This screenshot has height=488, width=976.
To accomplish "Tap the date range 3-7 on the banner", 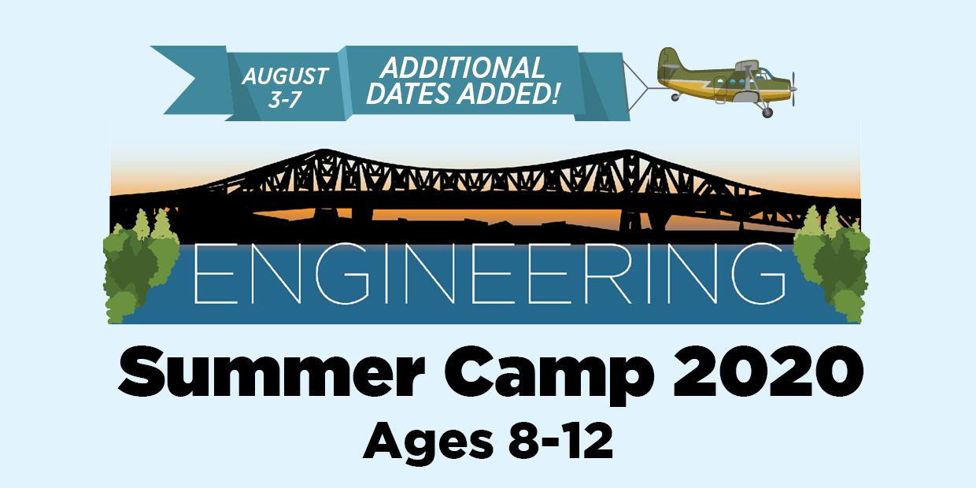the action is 284,100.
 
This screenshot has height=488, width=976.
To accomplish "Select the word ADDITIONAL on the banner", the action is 462,68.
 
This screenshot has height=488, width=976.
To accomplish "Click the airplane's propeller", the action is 793,89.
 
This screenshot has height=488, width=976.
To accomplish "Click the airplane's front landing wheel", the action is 767,113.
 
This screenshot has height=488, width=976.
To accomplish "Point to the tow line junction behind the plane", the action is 648,87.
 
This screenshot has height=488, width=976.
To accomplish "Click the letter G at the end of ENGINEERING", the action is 759,273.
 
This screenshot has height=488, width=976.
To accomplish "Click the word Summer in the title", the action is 272,372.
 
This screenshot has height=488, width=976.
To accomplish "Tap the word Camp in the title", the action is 549,375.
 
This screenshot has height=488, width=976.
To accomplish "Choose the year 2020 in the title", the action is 767,372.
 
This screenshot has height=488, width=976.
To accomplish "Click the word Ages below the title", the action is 428,443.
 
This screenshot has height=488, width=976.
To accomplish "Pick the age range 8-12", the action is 560,441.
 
